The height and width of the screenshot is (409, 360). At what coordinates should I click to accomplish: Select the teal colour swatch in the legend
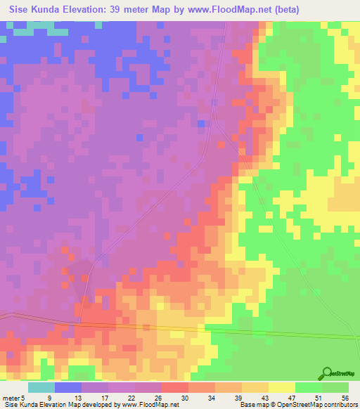tap(41, 387)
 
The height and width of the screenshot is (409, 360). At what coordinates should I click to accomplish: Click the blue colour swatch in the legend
tap(68, 387)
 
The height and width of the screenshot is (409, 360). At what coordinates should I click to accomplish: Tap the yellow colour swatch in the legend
tap(281, 387)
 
